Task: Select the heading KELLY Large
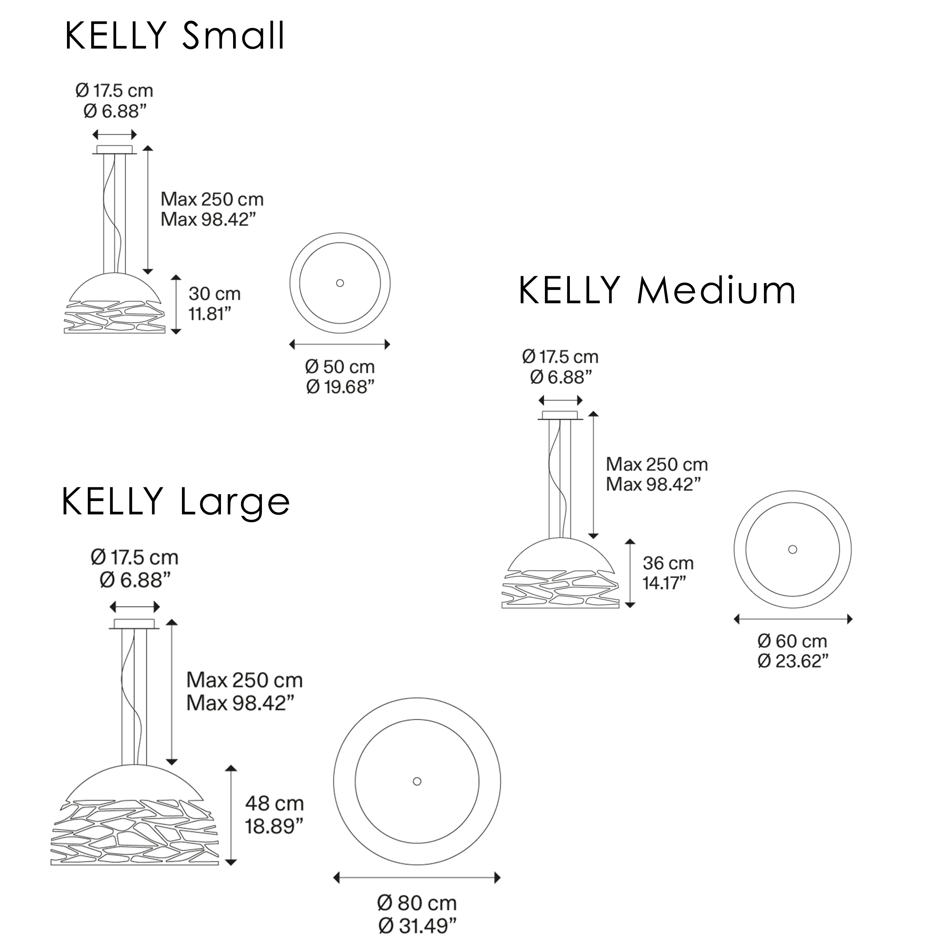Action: point(176,501)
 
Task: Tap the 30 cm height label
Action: point(215,294)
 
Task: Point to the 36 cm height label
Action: point(668,563)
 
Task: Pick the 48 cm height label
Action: point(274,803)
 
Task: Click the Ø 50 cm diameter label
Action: point(340,367)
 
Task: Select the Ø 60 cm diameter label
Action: point(792,641)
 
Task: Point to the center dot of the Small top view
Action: point(340,283)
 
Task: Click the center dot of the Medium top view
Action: point(792,549)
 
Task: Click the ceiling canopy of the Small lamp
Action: point(115,150)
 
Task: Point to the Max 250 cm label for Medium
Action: point(657,464)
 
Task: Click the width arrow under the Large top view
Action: point(417,878)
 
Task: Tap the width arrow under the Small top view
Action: point(340,344)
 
